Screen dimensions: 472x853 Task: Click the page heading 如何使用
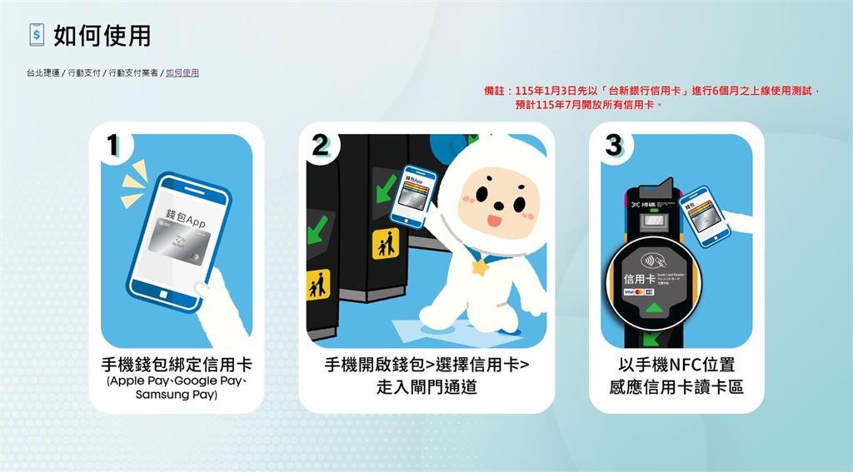[x=102, y=36]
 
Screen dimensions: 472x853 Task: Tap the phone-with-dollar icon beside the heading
[x=37, y=35]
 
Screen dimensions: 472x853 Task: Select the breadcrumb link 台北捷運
[x=42, y=73]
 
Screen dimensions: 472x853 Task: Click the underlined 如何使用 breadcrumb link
[x=182, y=73]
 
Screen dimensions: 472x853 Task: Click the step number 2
[x=320, y=145]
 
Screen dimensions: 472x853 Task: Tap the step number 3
[x=613, y=145]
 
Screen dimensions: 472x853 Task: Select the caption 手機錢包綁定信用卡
[x=177, y=365]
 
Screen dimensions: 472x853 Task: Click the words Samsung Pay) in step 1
[x=177, y=395]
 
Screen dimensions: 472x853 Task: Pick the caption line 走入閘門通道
[x=426, y=386]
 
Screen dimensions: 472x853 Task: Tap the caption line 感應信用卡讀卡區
[x=676, y=386]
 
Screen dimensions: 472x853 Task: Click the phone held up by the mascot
[x=415, y=195]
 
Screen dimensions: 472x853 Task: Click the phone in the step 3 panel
[x=703, y=216]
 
